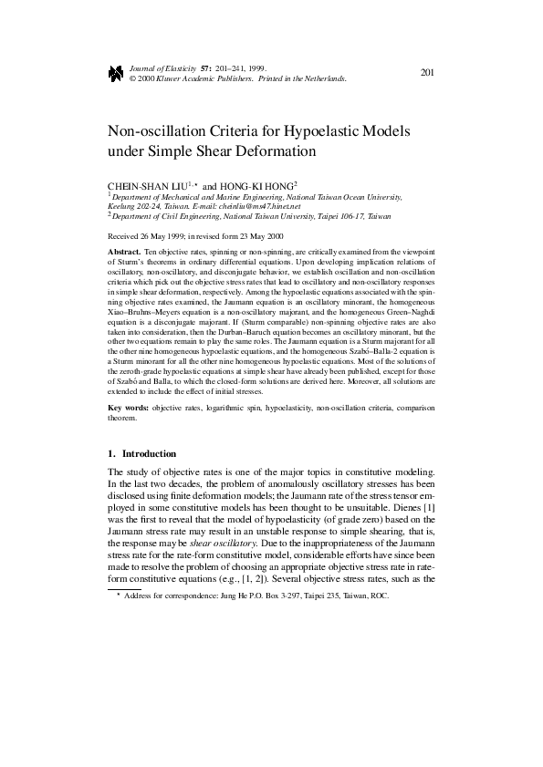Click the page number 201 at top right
(426, 72)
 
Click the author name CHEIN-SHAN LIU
(146, 184)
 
